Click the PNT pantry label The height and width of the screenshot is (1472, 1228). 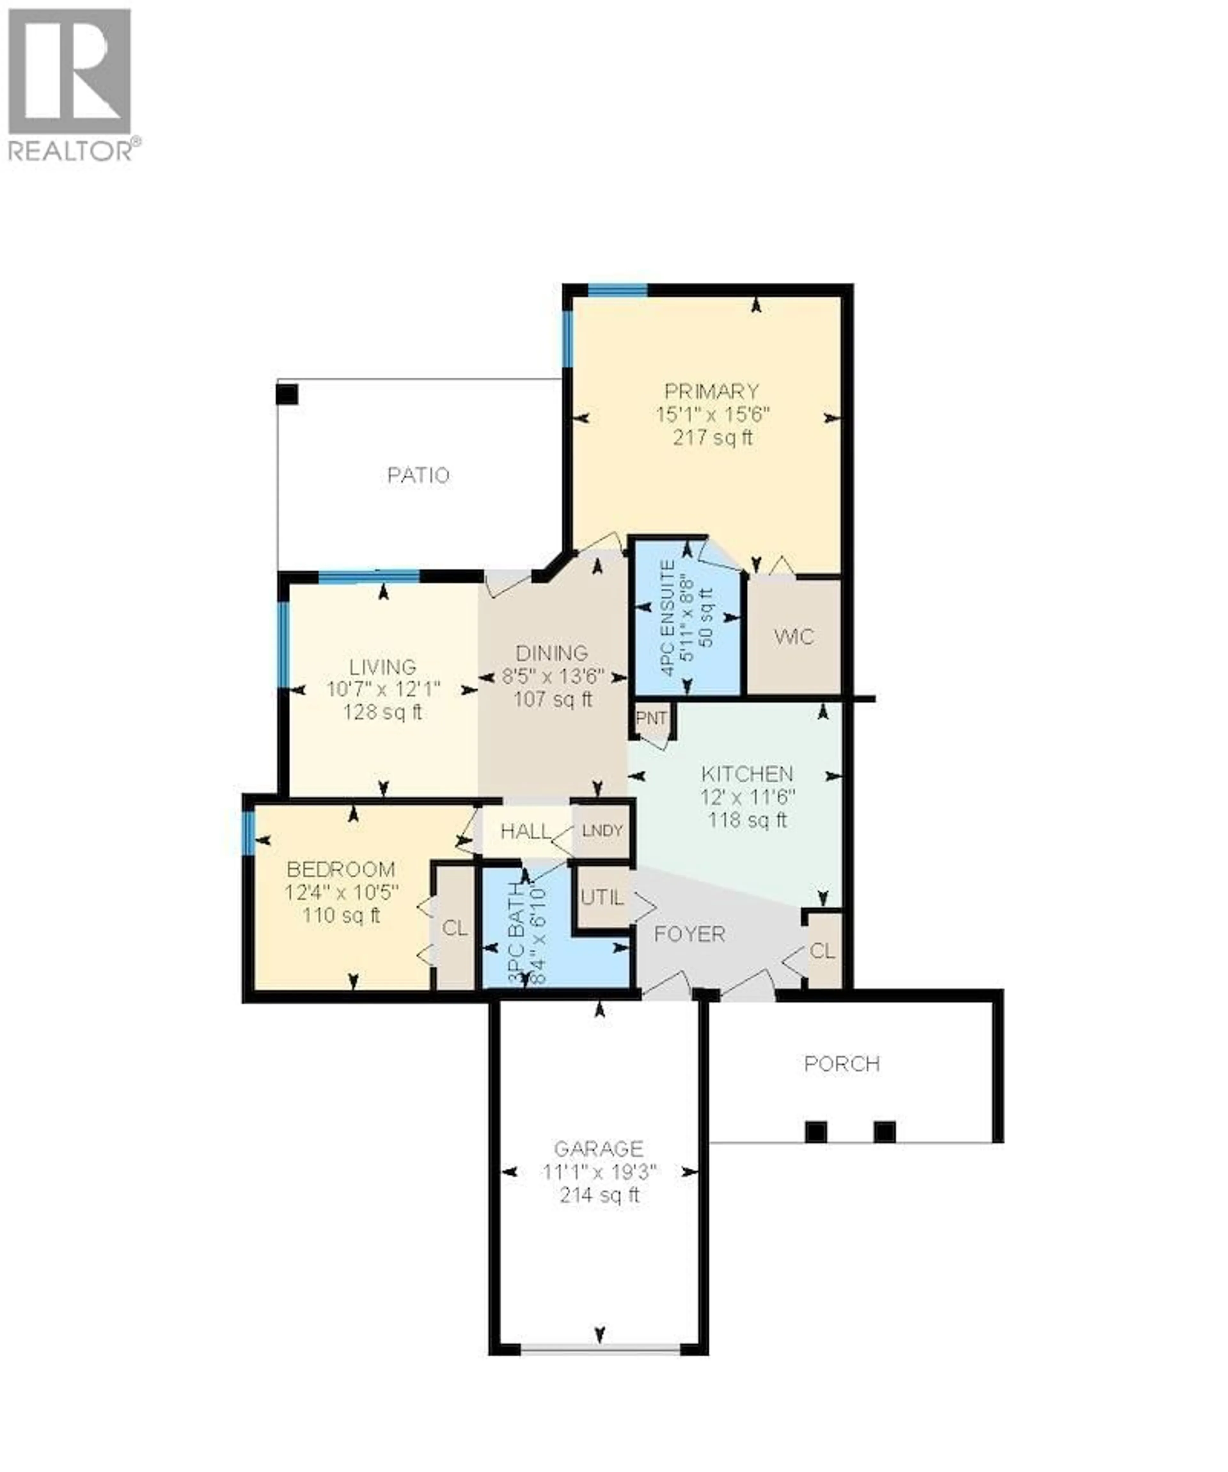coord(651,718)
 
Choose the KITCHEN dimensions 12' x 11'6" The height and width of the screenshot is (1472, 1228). coord(748,797)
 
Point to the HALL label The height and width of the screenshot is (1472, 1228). coord(525,831)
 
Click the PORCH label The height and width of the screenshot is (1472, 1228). coord(842,1064)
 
